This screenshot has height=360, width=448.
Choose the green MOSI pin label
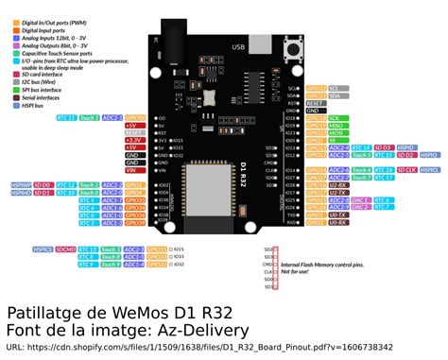click(x=336, y=133)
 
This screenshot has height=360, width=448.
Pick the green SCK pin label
click(x=335, y=119)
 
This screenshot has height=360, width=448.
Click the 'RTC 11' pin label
click(x=67, y=117)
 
